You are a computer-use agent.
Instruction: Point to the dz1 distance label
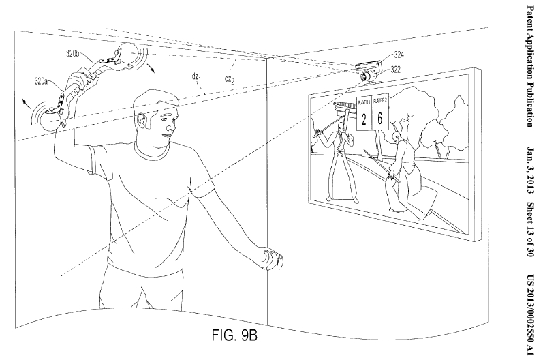point(198,78)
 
